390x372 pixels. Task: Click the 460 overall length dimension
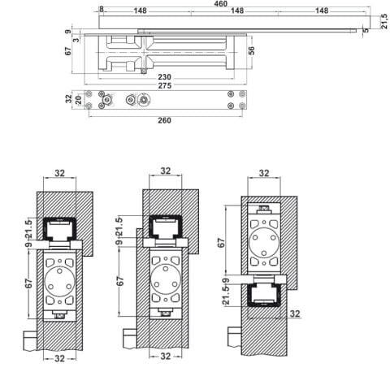tap(221, 3)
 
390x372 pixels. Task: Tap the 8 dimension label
tap(102, 9)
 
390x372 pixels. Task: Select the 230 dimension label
tap(164, 77)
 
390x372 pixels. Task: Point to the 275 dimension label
tap(165, 85)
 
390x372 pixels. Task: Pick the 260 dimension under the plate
tap(164, 120)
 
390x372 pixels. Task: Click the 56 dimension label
tap(252, 50)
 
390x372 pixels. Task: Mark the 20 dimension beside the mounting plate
tap(78, 100)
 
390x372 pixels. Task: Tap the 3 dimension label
tap(76, 40)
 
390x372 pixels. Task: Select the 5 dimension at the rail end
tap(366, 30)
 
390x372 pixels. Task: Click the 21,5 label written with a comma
tap(384, 22)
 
